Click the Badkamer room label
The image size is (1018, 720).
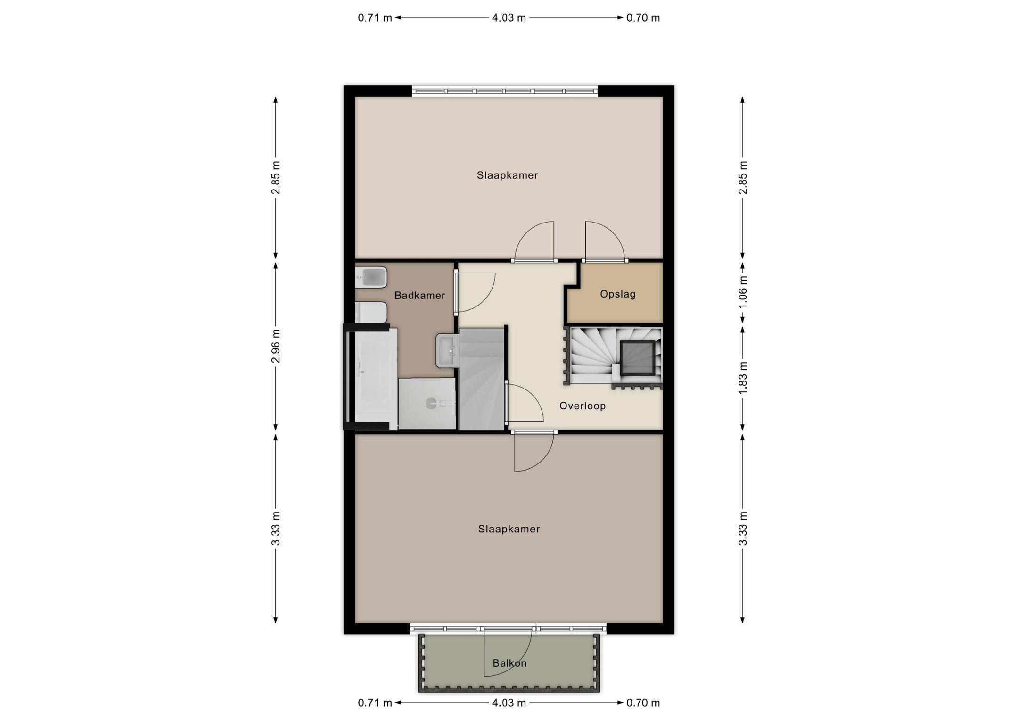[x=419, y=296]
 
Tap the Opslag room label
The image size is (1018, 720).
[x=617, y=294]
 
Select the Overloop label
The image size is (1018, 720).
[x=582, y=406]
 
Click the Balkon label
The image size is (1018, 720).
[x=509, y=663]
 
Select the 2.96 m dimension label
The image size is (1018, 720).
[x=276, y=346]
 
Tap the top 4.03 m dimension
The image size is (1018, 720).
[x=509, y=18]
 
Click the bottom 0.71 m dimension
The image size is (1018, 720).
[x=375, y=703]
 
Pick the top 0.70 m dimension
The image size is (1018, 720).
[x=643, y=18]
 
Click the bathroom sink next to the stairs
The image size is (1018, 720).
[x=448, y=350]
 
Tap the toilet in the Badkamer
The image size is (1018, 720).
[x=371, y=312]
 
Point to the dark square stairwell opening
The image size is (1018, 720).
[x=637, y=358]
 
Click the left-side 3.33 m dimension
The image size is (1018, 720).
[x=276, y=528]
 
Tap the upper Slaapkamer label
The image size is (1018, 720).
[x=507, y=175]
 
